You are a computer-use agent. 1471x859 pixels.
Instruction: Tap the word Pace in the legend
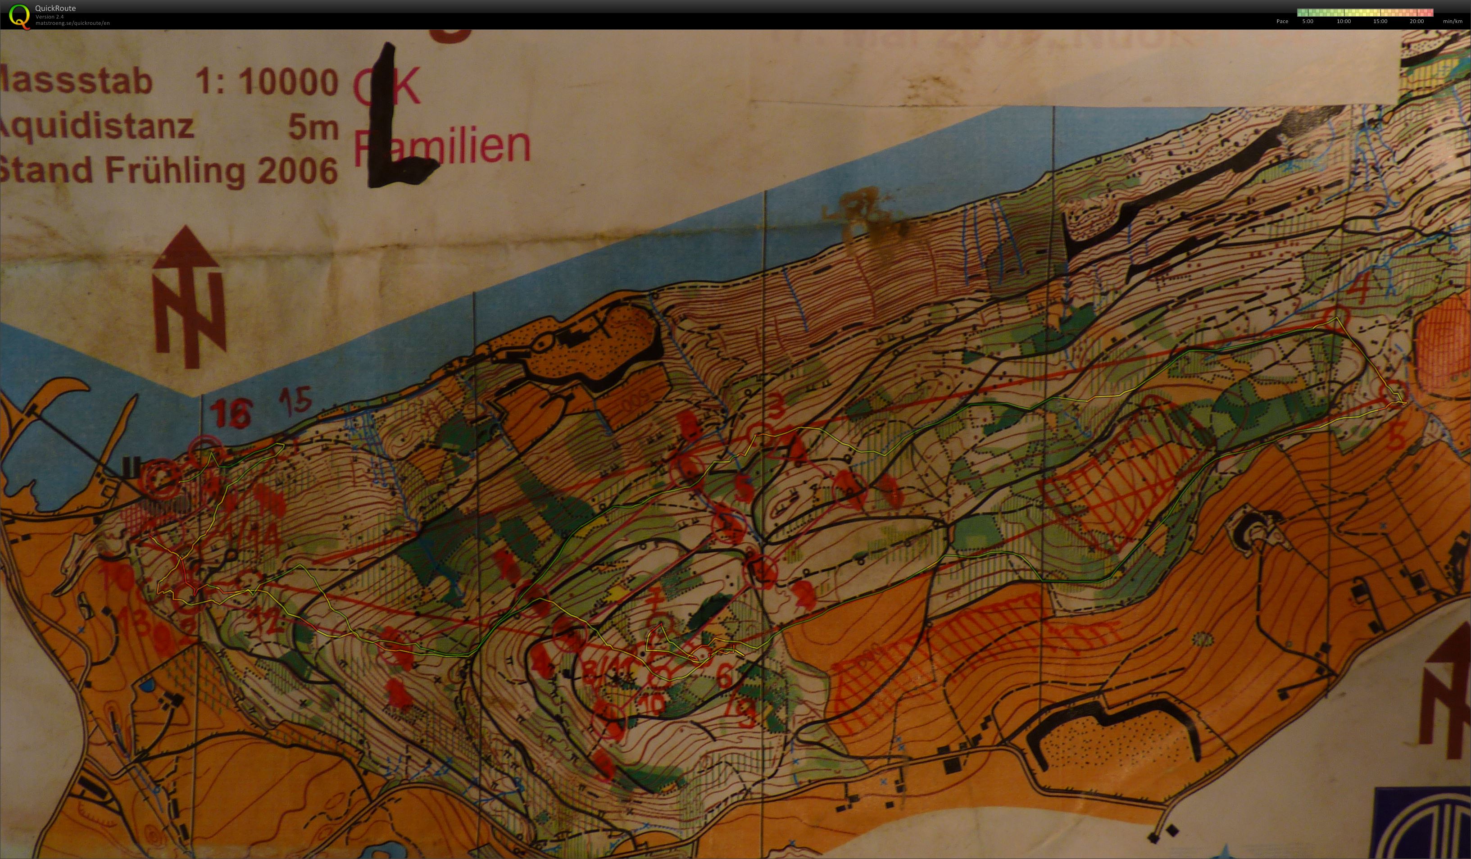tap(1282, 22)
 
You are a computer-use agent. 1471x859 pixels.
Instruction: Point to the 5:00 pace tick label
tap(1308, 22)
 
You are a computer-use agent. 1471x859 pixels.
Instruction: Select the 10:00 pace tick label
tap(1344, 22)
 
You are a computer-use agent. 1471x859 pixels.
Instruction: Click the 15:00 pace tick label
tap(1380, 22)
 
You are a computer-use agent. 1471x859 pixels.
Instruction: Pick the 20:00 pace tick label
tap(1417, 22)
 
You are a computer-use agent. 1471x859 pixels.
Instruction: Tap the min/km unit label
tap(1453, 22)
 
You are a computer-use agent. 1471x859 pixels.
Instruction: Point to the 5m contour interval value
tap(313, 127)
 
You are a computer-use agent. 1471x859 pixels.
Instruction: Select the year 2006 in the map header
tap(298, 171)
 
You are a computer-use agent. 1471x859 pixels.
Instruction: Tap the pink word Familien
tap(442, 146)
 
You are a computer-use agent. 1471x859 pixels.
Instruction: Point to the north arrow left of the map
tap(188, 298)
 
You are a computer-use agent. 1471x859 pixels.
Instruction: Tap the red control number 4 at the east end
tap(1361, 288)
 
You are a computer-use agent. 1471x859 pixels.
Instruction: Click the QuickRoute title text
tap(55, 8)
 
